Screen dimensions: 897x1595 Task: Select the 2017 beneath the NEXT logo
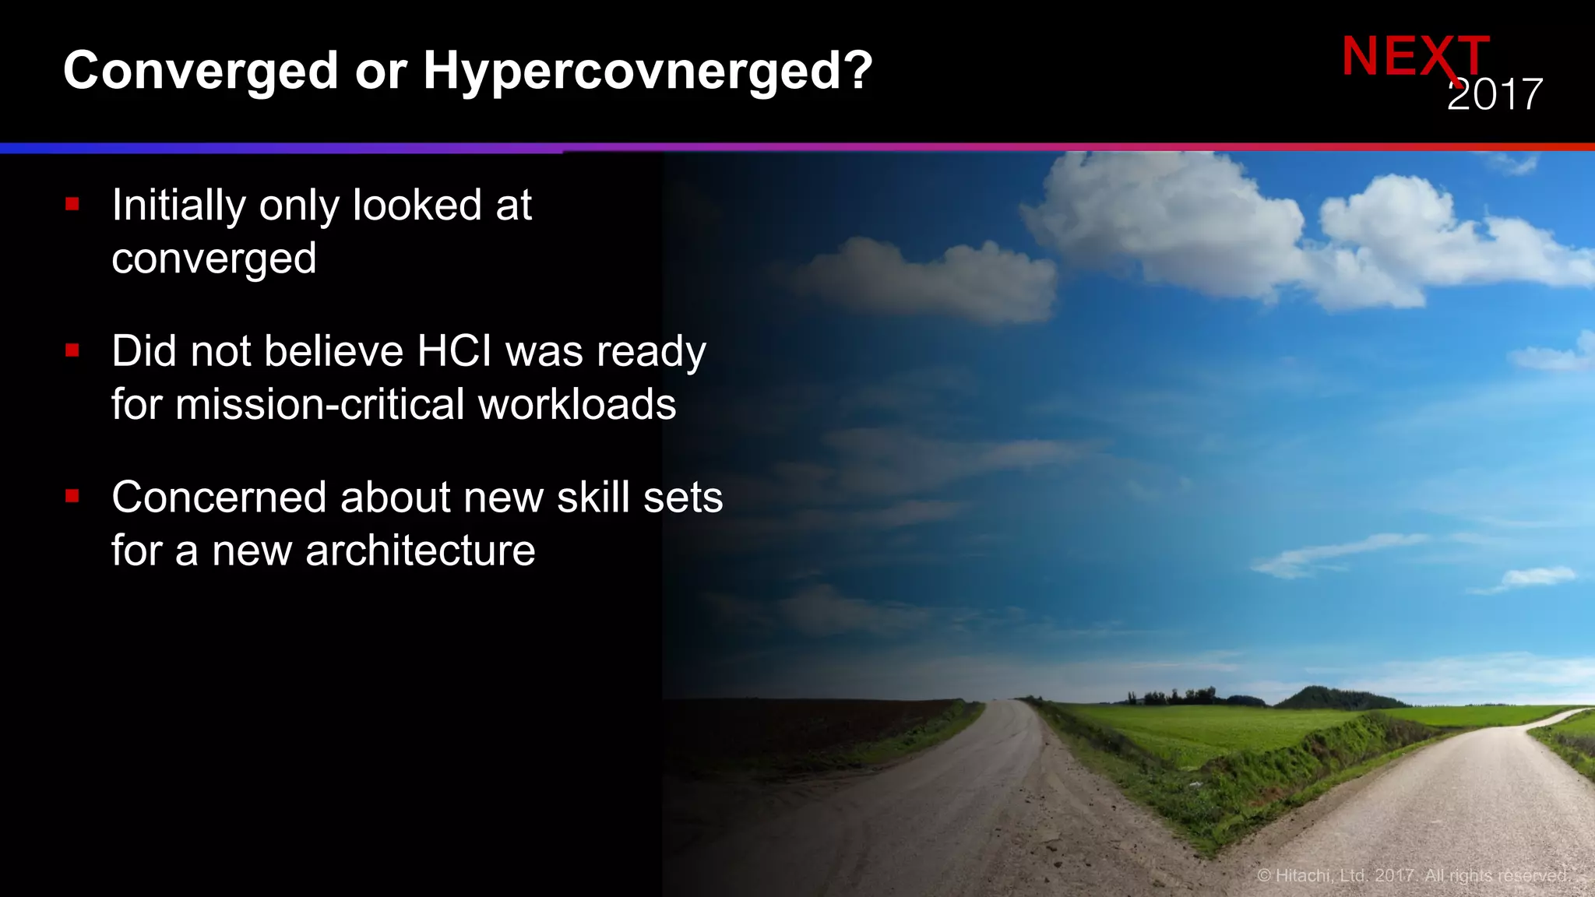(x=1495, y=95)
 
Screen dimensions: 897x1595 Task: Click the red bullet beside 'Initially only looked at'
(x=72, y=205)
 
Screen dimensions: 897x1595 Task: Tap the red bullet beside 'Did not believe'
(x=72, y=350)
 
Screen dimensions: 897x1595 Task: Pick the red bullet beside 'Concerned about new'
(x=72, y=496)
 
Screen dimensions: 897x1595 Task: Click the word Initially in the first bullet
(x=178, y=206)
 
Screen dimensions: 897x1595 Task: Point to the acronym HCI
(x=454, y=351)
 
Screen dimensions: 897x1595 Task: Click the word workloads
(x=577, y=405)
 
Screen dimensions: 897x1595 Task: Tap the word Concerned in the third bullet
(x=219, y=498)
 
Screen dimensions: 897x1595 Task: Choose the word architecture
(x=421, y=551)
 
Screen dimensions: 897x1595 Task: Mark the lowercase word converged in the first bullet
(x=214, y=259)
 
